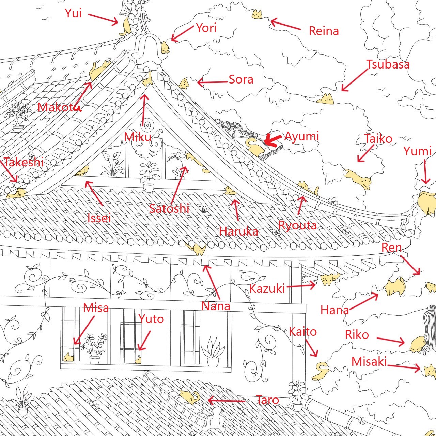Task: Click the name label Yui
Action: pyautogui.click(x=73, y=13)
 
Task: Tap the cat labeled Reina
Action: pyautogui.click(x=257, y=15)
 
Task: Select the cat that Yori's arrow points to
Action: pyautogui.click(x=165, y=47)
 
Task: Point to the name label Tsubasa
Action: pyautogui.click(x=388, y=64)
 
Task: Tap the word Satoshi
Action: pyautogui.click(x=169, y=208)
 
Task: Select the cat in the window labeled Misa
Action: pyautogui.click(x=69, y=357)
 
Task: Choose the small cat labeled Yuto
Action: pyautogui.click(x=138, y=359)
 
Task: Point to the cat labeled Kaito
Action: pyautogui.click(x=321, y=372)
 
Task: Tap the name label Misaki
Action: pyautogui.click(x=369, y=361)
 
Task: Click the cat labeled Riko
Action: pyautogui.click(x=418, y=344)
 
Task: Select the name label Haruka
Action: pyautogui.click(x=238, y=231)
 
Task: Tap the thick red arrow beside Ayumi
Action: pyautogui.click(x=272, y=140)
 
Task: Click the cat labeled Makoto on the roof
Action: pyautogui.click(x=99, y=70)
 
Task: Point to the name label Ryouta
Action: pyautogui.click(x=297, y=225)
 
